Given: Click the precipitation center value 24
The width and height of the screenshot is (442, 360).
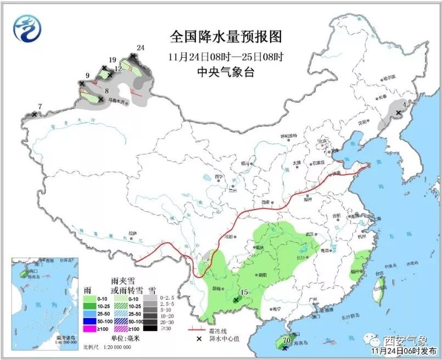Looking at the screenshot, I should [140, 48].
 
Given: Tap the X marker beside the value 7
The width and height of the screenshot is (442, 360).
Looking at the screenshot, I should [34, 114].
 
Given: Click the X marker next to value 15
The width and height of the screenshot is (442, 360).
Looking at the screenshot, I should [236, 300].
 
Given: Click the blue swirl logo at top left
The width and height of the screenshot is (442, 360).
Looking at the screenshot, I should [27, 29].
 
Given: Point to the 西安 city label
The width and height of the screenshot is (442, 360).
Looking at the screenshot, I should [266, 203].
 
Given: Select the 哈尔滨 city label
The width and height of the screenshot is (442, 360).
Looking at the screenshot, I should [388, 78].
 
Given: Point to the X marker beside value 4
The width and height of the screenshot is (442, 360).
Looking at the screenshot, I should [399, 113].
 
